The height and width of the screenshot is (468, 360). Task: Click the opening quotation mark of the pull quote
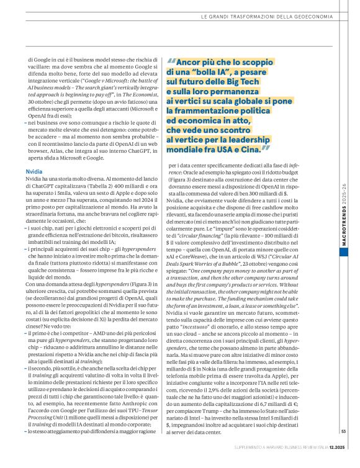[x=171, y=63]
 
